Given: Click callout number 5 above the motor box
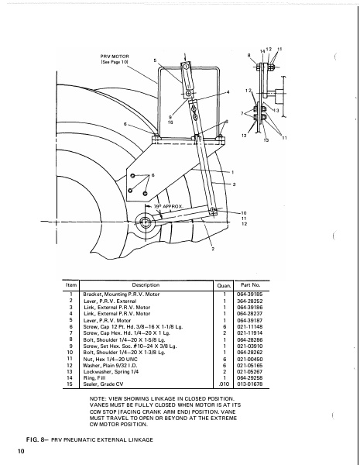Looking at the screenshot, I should (154, 60).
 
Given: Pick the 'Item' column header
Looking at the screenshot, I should (70, 285).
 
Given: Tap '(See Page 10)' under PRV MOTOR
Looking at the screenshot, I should (115, 63).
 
